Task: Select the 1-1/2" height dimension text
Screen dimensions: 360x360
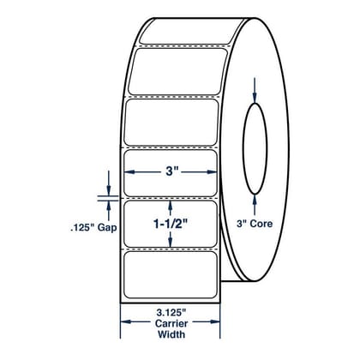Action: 171,225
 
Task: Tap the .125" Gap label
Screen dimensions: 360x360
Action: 93,228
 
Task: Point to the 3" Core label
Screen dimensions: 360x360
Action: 255,224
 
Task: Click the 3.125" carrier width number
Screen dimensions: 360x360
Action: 171,312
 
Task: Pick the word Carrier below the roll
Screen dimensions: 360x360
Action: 171,323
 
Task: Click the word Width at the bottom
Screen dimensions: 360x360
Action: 171,334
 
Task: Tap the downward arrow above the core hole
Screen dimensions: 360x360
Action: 255,90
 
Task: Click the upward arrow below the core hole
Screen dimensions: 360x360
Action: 255,205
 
